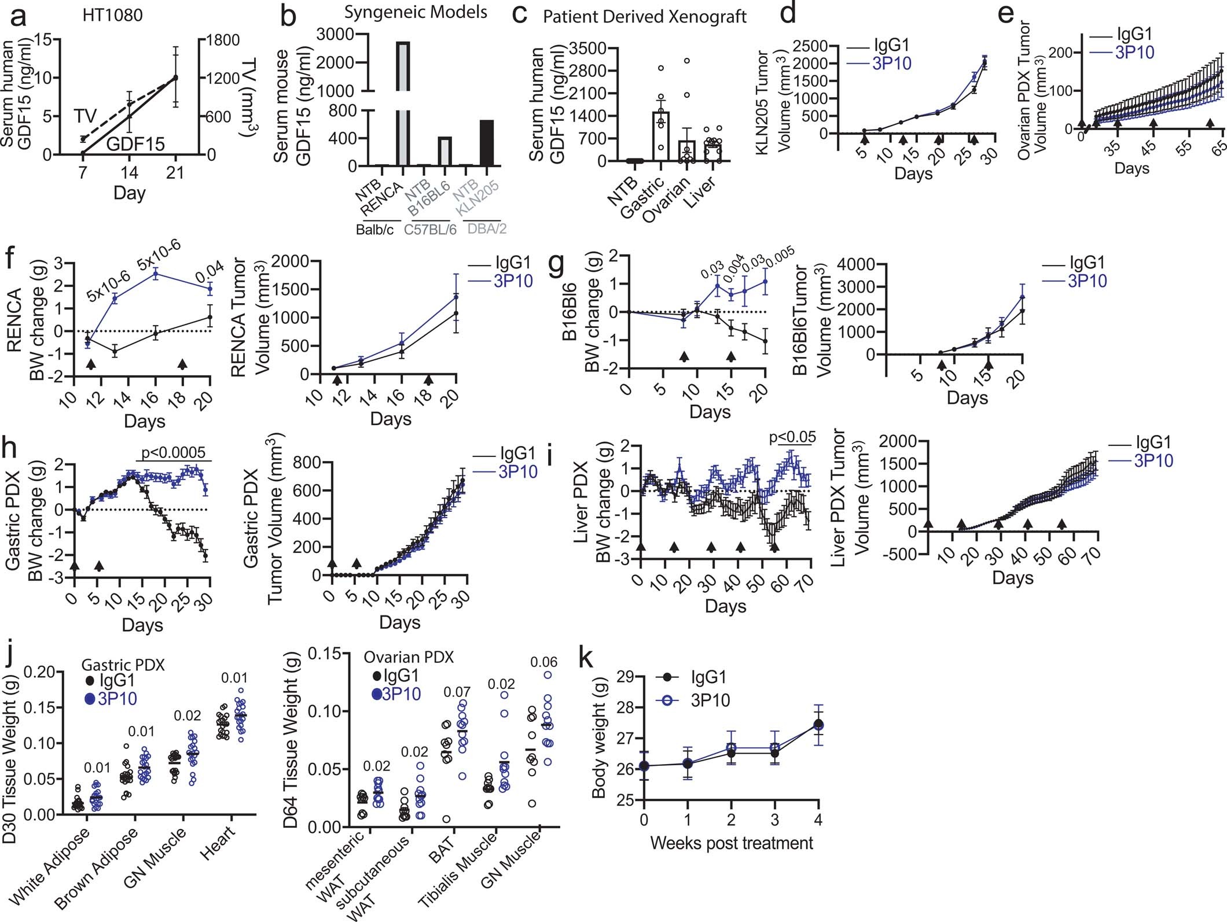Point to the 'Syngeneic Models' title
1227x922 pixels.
(x=415, y=12)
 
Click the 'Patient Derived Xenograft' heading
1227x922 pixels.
(x=645, y=17)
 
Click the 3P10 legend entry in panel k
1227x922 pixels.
(x=710, y=700)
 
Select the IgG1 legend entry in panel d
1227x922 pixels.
(x=891, y=45)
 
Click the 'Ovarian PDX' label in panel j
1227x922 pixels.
(x=409, y=657)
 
